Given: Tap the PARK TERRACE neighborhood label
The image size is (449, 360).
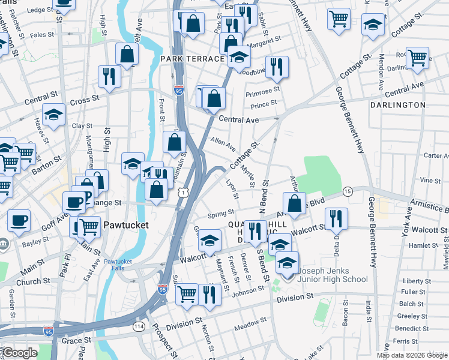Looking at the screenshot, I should [x=192, y=59].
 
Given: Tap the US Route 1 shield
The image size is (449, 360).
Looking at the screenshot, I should [x=183, y=191].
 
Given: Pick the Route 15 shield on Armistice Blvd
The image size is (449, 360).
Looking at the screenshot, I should [x=348, y=191].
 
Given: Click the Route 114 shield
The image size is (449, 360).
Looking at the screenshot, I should [x=139, y=326].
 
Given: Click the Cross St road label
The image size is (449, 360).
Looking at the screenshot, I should [x=84, y=101].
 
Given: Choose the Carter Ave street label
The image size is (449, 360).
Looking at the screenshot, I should [x=436, y=155].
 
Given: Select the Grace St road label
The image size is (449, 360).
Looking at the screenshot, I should [x=76, y=340].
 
